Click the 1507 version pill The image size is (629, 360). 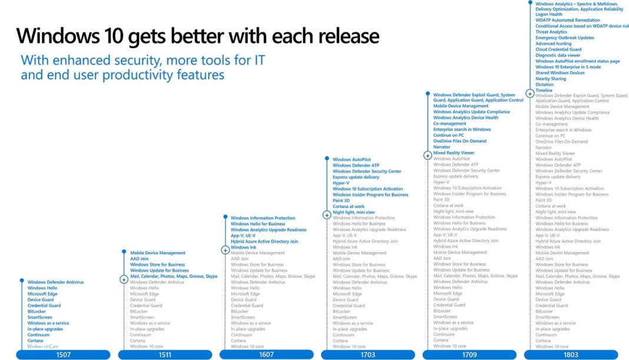(x=64, y=355)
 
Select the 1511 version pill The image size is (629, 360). (x=165, y=355)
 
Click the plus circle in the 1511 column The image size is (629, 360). (x=124, y=279)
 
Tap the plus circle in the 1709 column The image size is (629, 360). (x=428, y=156)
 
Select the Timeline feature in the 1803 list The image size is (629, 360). (x=544, y=90)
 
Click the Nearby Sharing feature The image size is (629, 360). (x=551, y=78)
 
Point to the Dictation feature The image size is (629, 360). (x=545, y=84)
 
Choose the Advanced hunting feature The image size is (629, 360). (x=553, y=44)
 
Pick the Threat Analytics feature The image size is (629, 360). (x=551, y=32)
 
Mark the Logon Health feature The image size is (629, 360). (x=549, y=15)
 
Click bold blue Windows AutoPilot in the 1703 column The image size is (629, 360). (x=352, y=160)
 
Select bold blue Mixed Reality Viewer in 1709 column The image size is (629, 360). (x=453, y=153)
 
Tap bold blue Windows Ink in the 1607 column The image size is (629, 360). (x=243, y=247)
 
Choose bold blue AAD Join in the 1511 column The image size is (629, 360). (x=139, y=259)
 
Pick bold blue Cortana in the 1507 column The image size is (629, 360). (x=35, y=341)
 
